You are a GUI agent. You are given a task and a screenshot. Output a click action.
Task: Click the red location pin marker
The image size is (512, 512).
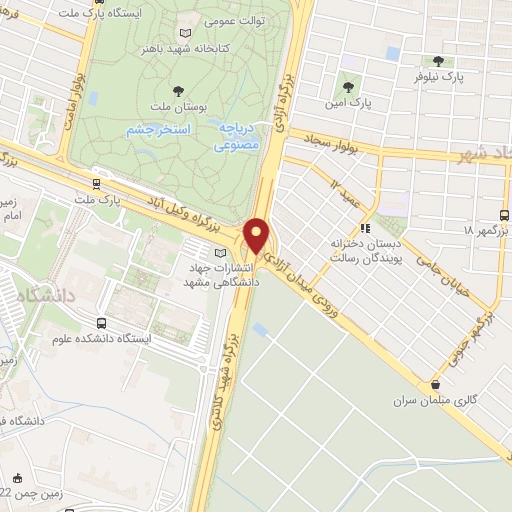(x=257, y=235)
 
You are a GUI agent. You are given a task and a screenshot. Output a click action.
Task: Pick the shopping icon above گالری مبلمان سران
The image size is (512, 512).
(x=435, y=384)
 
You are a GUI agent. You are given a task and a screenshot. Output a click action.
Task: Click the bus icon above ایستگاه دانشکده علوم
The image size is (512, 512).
(x=102, y=322)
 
